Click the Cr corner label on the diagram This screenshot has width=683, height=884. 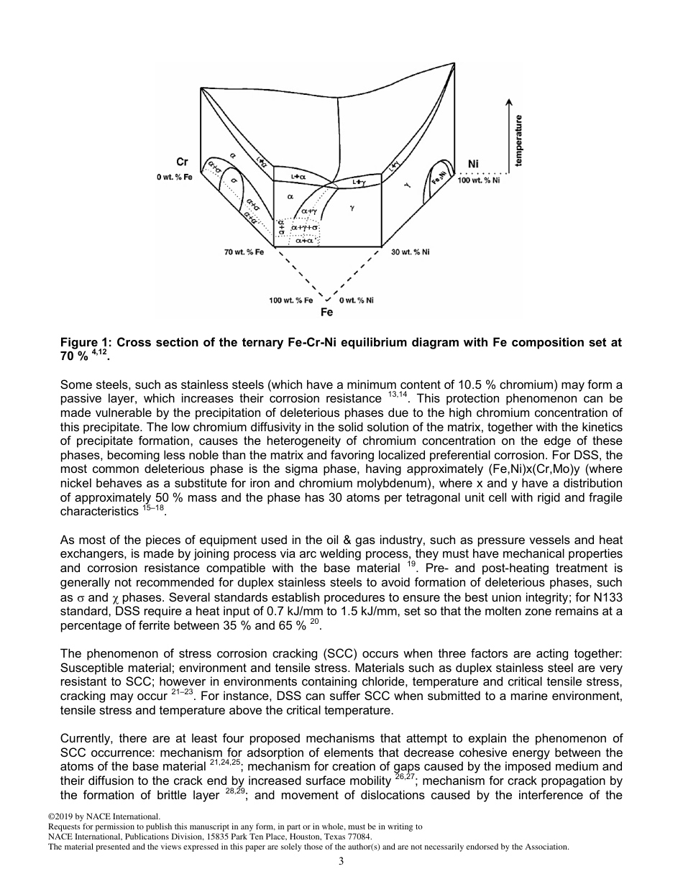pos(182,163)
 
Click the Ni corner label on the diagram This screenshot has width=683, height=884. pos(473,165)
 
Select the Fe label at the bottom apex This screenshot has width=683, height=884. pos(326,313)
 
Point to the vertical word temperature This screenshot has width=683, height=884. pos(519,141)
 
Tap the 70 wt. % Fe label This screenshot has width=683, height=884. pos(244,252)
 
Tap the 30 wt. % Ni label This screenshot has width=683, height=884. pos(411,252)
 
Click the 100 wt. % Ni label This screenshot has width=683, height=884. pos(478,178)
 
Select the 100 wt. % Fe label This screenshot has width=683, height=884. pos(291,300)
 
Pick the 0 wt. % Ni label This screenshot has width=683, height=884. pos(356,300)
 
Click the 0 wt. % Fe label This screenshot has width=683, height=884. pos(175,177)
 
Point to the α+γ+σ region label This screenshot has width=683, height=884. pos(304,228)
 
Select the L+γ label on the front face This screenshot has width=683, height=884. pos(359,183)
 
